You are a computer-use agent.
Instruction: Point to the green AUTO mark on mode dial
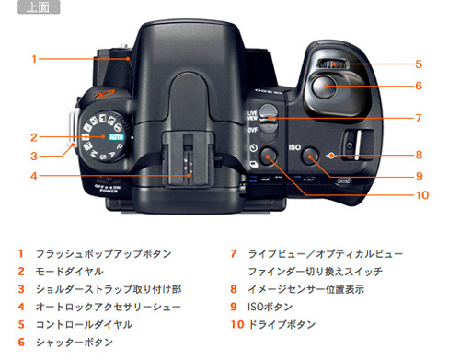tap(115, 136)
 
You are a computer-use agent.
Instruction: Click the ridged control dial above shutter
tap(334, 64)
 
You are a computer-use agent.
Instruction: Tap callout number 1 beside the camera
tap(33, 59)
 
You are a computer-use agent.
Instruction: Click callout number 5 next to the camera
tap(418, 64)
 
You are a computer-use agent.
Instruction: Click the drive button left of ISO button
tap(268, 153)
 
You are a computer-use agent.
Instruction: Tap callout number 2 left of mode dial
tap(33, 136)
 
